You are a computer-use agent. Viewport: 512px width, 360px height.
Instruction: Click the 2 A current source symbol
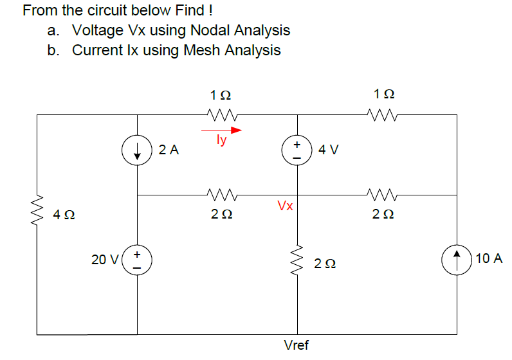coord(137,152)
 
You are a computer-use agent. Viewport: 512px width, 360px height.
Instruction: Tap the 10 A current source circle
coord(457,260)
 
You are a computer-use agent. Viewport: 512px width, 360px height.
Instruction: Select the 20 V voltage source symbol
coord(137,260)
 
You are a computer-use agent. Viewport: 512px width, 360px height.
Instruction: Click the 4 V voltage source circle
coord(297,152)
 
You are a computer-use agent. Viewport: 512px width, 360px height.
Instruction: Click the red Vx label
coord(285,206)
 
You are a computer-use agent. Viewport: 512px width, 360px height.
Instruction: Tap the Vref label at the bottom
coord(297,345)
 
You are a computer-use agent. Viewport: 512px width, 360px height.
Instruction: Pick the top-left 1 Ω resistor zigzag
coord(223,115)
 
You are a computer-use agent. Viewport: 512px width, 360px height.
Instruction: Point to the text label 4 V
coord(329,150)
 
